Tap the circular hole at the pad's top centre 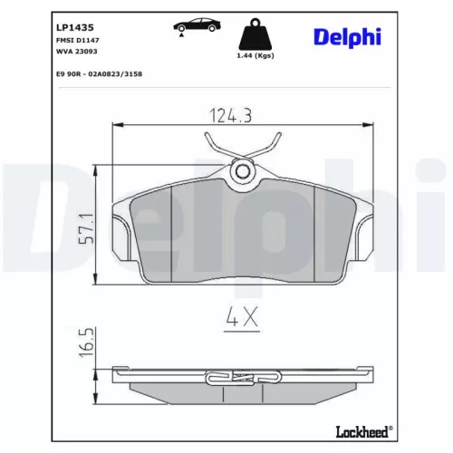click(x=241, y=169)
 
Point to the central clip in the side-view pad click(x=241, y=379)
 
